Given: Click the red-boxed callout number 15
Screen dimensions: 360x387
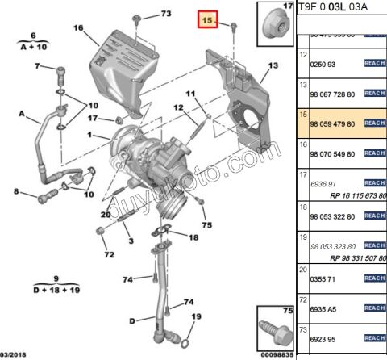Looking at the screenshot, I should click(209, 20).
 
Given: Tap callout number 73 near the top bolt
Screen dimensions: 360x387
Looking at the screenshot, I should click(165, 15).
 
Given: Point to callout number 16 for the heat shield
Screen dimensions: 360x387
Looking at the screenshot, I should click(78, 28).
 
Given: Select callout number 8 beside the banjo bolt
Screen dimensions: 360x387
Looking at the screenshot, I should click(15, 191).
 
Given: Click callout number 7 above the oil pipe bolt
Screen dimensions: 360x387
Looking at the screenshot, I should click(37, 66).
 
